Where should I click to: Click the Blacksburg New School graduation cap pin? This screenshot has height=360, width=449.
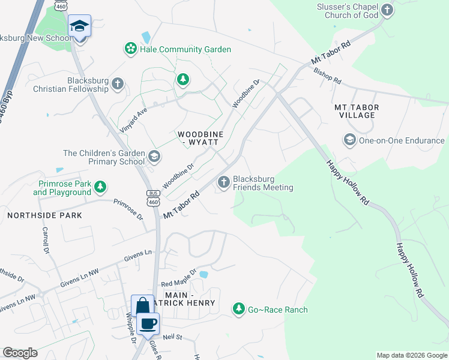(x=79, y=26)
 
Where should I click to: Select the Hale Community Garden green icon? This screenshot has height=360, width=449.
(x=130, y=49)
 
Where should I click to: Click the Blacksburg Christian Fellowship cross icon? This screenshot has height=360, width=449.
(x=118, y=84)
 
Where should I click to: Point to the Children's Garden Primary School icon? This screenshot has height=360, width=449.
(x=154, y=157)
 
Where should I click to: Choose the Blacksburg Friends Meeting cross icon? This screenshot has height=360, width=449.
(x=224, y=182)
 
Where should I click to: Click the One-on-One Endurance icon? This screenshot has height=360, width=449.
(x=349, y=140)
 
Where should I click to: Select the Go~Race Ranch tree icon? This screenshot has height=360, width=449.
(x=240, y=309)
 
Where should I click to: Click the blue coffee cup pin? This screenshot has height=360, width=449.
(x=148, y=323)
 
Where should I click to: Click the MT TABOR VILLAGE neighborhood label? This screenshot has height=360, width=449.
(x=357, y=111)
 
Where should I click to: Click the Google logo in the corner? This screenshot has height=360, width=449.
(x=20, y=353)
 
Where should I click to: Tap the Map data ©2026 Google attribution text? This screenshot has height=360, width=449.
(x=411, y=355)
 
